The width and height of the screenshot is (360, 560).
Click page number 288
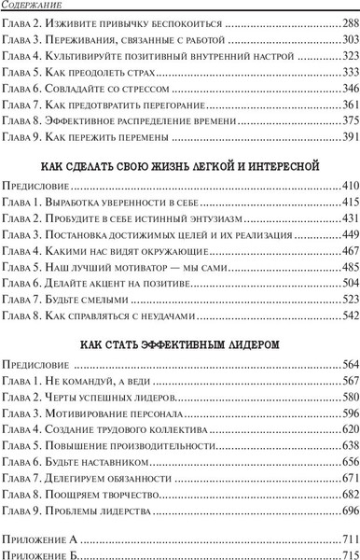(x=347, y=22)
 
